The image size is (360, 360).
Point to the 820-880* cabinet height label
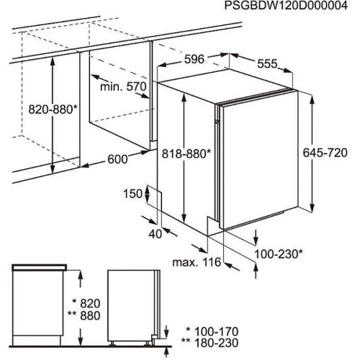click(x=53, y=109)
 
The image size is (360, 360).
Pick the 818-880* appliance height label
click(x=187, y=154)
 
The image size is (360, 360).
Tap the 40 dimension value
click(x=155, y=234)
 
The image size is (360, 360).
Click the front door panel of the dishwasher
click(x=258, y=162)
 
